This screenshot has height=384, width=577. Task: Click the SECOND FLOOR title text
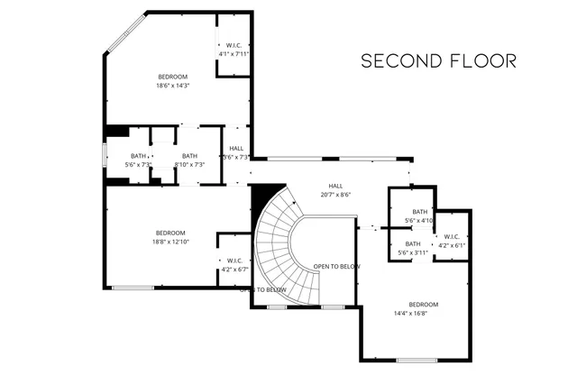click(x=438, y=61)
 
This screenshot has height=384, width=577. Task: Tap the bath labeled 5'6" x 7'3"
click(x=139, y=160)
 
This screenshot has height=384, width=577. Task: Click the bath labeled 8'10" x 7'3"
click(x=189, y=160)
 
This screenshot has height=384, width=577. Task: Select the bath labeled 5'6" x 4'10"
click(x=419, y=216)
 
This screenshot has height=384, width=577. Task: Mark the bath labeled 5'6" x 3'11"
click(x=412, y=249)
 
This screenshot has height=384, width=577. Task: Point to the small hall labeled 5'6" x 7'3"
click(x=236, y=152)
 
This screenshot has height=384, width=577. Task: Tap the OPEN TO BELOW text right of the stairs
click(x=336, y=267)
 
